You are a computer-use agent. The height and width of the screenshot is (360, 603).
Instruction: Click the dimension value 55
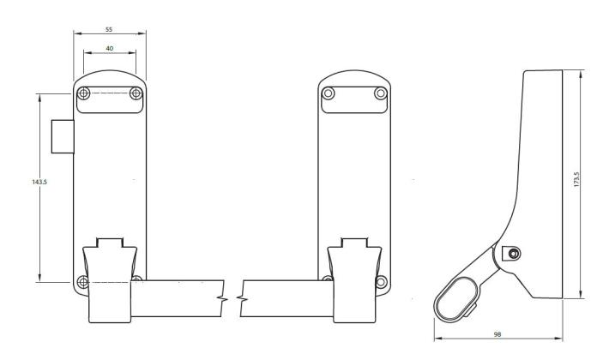[109, 29]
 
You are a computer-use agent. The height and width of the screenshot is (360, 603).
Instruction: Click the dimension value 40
[109, 49]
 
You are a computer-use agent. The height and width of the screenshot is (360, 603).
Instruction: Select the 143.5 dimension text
[27, 182]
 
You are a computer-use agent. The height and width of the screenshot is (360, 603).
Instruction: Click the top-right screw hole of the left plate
[136, 93]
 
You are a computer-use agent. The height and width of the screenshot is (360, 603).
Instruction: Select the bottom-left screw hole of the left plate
[82, 281]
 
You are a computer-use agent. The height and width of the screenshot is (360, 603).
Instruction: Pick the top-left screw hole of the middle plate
[329, 93]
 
